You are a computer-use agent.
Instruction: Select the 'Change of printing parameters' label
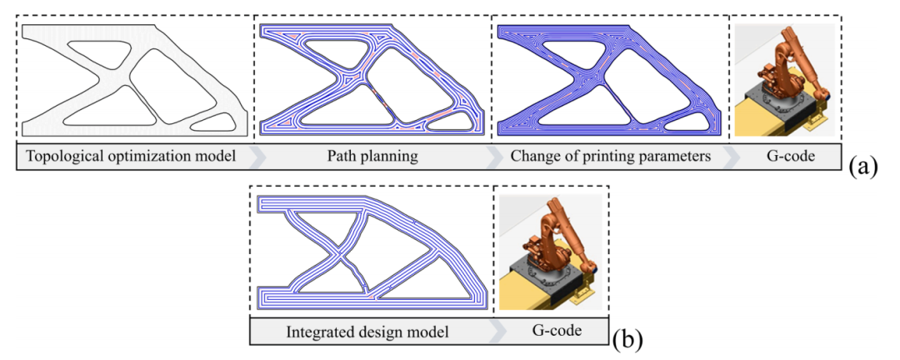(x=611, y=155)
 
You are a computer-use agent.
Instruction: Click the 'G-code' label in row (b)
(x=551, y=331)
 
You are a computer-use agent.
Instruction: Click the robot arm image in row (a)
(x=784, y=80)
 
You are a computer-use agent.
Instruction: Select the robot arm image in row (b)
(x=550, y=252)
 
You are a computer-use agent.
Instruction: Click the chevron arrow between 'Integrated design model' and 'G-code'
(x=499, y=331)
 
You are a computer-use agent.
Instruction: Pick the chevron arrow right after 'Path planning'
(x=495, y=155)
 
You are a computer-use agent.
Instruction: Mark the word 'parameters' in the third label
(x=675, y=156)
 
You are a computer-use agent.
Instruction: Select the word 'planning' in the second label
(x=390, y=156)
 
